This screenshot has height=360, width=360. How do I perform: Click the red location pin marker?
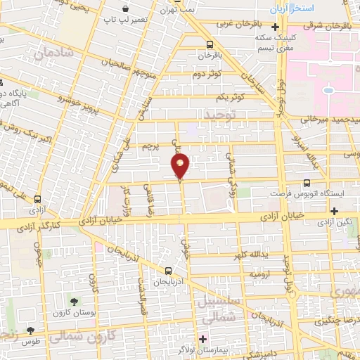click(x=181, y=166)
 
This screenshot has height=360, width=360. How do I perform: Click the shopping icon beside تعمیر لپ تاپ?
click(x=125, y=10)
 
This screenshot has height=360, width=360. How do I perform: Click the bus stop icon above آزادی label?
click(x=36, y=198)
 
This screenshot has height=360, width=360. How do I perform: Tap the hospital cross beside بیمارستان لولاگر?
click(x=203, y=339)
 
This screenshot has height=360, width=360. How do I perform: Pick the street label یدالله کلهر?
click(x=250, y=255)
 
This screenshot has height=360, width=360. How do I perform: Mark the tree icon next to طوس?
click(x=30, y=330)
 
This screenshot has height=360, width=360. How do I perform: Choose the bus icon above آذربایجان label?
click(x=168, y=270)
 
